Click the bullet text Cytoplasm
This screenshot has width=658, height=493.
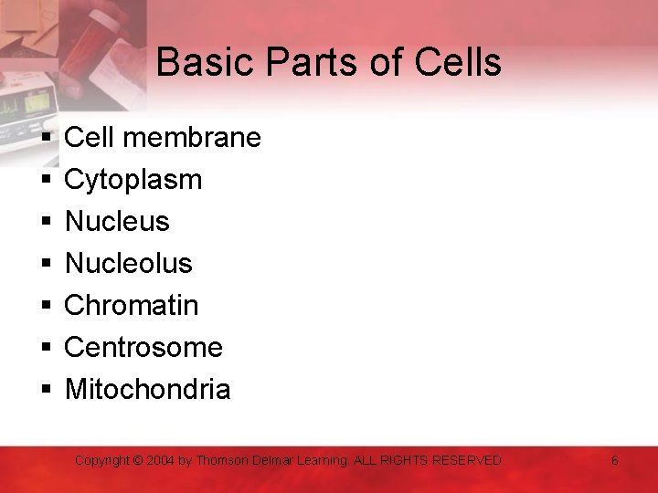133,180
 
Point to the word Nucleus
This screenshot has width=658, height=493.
117,221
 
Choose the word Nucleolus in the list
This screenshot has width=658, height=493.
128,263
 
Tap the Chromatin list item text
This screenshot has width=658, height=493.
131,305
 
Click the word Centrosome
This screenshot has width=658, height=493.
143,347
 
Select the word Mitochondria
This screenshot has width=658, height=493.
147,390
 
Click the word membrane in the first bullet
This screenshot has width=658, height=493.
191,138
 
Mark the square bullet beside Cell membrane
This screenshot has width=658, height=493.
46,139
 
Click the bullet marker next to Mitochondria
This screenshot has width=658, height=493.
46,391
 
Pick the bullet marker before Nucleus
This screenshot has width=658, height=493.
46,223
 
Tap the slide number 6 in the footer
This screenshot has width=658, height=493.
614,461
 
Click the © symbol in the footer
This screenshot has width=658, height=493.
139,461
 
